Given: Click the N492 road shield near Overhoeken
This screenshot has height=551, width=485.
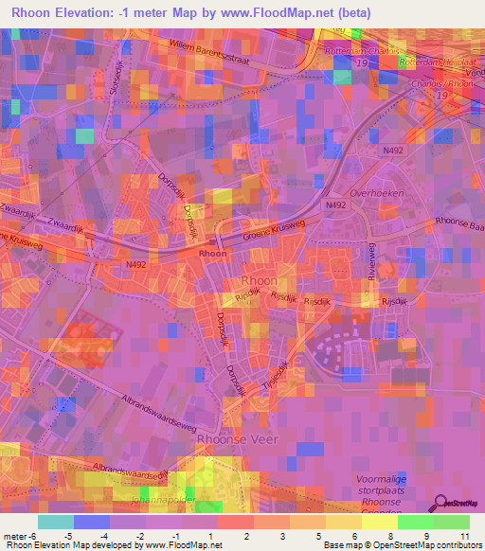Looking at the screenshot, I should [335, 205].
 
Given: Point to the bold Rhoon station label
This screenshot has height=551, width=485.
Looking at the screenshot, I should [212, 254].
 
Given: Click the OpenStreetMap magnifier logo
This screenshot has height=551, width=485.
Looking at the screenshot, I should [441, 501].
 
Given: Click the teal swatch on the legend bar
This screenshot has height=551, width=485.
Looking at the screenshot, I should [56, 522].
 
